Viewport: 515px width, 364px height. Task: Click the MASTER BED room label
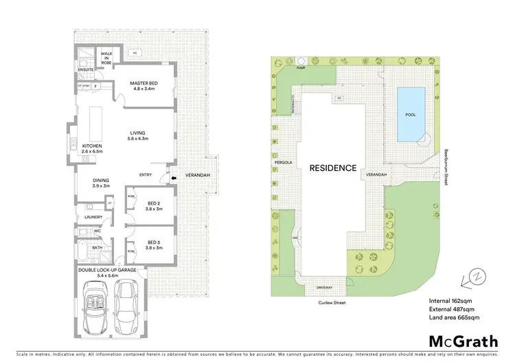144,84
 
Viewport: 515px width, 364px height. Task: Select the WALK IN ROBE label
107,56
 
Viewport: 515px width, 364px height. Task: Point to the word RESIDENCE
333,168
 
